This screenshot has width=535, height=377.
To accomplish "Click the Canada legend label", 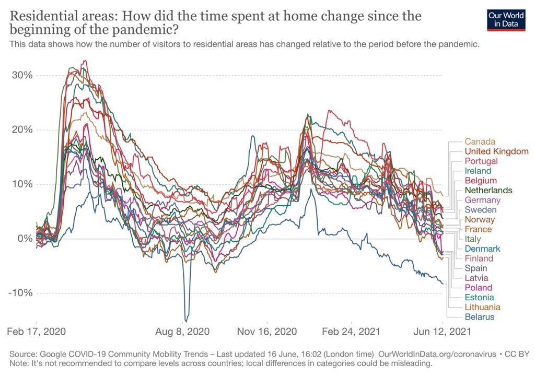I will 480,142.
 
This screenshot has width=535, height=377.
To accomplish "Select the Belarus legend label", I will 479,317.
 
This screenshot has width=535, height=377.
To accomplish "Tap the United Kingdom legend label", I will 496,151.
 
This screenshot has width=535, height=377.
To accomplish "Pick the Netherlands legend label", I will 488,190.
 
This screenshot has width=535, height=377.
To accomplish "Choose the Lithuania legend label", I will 482,307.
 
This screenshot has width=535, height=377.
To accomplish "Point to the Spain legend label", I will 475,268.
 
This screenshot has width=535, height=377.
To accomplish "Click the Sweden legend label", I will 480,210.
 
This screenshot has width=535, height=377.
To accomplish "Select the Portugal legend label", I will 481,161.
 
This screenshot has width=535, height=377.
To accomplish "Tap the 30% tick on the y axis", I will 22,75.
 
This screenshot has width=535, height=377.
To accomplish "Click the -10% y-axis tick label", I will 20,293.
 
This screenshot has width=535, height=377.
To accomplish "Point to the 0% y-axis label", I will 25,239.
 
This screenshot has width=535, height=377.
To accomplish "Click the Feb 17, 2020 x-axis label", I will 37,332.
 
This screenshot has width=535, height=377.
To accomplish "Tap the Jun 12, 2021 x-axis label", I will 443,332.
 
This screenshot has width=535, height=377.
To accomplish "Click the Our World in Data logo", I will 506,19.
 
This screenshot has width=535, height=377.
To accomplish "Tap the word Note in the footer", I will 19,363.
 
